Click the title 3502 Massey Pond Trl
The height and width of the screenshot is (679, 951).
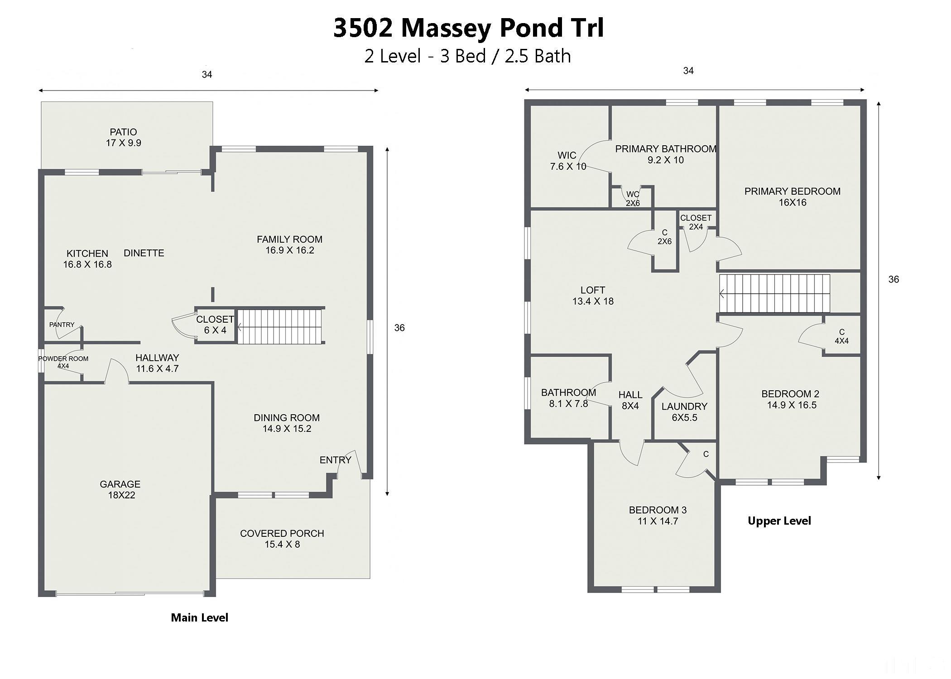pos(468,28)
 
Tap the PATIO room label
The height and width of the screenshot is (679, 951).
pos(123,132)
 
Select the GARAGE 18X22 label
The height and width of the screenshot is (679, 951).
pos(120,490)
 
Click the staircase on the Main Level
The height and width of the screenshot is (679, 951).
pos(280,326)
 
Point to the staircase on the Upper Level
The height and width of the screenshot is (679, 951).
pos(775,293)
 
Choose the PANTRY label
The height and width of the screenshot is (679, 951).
pos(62,325)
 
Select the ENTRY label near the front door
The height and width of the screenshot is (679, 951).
pos(336,460)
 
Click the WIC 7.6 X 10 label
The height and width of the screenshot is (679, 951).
pos(568,161)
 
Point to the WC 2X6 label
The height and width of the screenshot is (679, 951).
pos(633,199)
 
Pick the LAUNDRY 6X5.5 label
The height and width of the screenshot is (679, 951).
pos(684,412)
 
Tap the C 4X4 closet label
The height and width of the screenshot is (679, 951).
pos(841,336)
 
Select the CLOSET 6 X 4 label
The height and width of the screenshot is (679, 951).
pos(215,325)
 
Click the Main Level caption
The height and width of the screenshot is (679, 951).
pos(200,618)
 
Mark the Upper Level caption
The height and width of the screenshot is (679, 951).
pos(779,521)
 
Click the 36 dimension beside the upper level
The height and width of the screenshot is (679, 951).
pos(893,280)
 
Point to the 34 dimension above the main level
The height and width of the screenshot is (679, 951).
pos(207,75)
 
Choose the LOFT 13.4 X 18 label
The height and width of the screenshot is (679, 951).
pos(593,296)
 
